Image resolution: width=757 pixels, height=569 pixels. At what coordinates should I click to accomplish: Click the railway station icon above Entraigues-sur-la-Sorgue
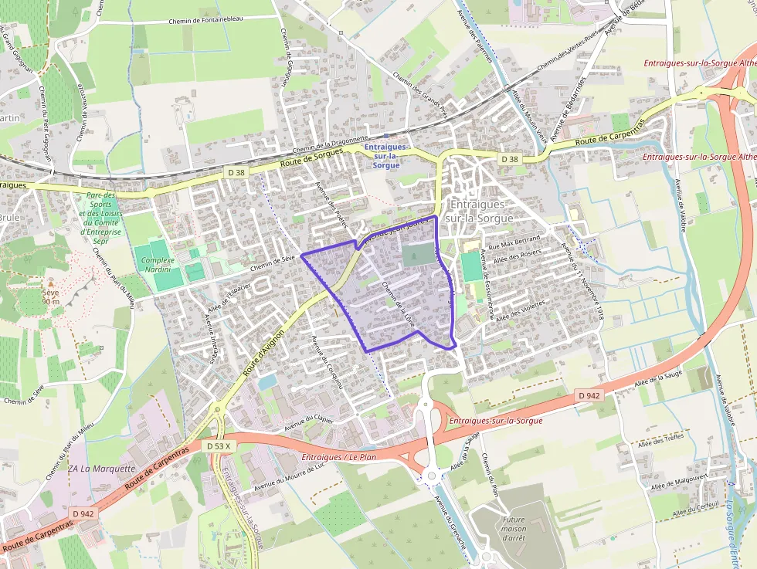385,135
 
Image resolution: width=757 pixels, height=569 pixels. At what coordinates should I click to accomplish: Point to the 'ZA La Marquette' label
101,469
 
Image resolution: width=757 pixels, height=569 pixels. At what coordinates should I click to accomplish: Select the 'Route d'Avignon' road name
263,354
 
